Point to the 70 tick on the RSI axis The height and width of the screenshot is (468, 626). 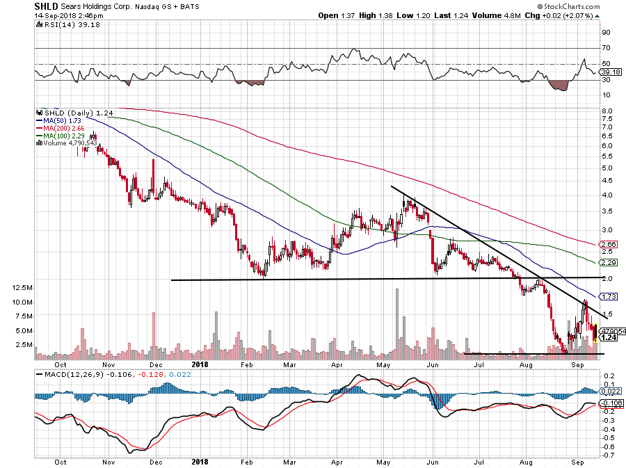click(607, 48)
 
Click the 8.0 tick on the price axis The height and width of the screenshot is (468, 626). click(607, 111)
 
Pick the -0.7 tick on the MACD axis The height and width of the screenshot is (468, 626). click(607, 455)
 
